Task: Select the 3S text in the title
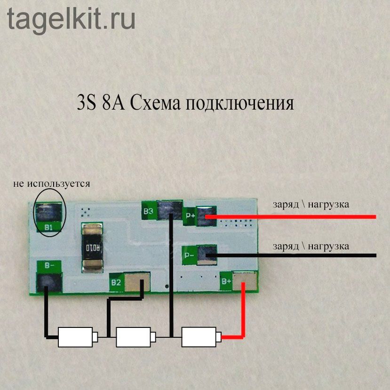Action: pos(86,103)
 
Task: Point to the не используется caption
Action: pos(52,183)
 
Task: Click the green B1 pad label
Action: pos(48,228)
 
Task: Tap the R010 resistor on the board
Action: pos(93,247)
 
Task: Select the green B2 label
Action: pos(116,283)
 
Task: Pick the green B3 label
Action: pos(148,211)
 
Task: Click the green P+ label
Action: pos(191,216)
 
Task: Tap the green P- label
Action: pos(190,255)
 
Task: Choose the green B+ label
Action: pos(226,282)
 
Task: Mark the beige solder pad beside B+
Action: pos(248,281)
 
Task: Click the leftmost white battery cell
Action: pos(75,337)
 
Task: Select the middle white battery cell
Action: pos(134,337)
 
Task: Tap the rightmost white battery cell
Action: pos(199,337)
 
